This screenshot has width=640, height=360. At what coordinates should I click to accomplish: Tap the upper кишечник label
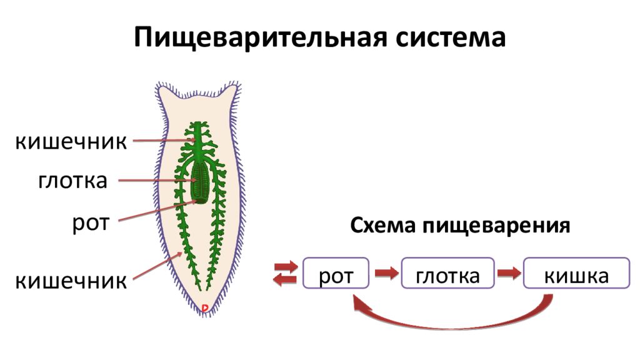click(x=71, y=142)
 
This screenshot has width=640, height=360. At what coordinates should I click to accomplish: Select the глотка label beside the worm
click(x=72, y=181)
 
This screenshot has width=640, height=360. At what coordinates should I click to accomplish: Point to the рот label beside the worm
click(x=91, y=224)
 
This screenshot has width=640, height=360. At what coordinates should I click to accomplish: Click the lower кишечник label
click(x=71, y=281)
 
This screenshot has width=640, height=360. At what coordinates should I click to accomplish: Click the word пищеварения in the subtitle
click(x=496, y=226)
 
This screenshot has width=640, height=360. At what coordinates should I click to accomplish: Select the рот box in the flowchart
click(x=336, y=273)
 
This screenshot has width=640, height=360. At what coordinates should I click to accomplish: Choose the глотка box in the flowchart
click(x=447, y=273)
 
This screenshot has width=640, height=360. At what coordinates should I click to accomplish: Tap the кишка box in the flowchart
click(x=576, y=273)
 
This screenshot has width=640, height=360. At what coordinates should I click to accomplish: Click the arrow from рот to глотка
click(x=386, y=272)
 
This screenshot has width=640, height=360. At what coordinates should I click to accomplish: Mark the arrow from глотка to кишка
click(x=509, y=272)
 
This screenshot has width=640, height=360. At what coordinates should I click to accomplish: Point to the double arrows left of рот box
click(x=285, y=272)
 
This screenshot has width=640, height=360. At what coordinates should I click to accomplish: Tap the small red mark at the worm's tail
click(x=205, y=307)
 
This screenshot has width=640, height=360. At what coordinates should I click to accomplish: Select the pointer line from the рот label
click(x=158, y=211)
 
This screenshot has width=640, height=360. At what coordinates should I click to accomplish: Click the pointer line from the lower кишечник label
click(x=157, y=266)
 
